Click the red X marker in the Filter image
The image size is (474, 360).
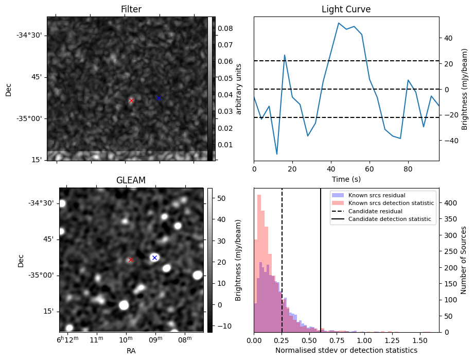[x=131, y=100]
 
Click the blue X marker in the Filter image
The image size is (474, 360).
[x=159, y=98]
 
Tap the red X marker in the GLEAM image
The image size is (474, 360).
[x=130, y=260]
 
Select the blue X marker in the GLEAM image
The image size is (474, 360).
[x=154, y=258]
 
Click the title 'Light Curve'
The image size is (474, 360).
[x=346, y=9]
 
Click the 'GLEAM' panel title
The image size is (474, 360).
[x=131, y=180]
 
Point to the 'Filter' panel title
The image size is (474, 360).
[x=131, y=9]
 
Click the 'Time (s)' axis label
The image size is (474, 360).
[x=346, y=178]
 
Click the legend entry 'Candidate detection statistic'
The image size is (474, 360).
[x=391, y=219]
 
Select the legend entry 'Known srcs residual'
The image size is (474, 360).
[x=376, y=196]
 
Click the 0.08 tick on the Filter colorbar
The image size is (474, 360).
[x=224, y=29]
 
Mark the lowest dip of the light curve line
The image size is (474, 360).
[x=277, y=154]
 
